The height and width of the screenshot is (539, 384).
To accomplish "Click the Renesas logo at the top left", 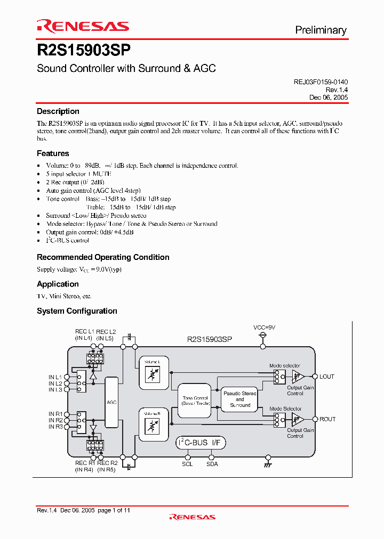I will pyautogui.click(x=83, y=26).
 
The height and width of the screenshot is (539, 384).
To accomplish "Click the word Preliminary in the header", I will pyautogui.click(x=321, y=30).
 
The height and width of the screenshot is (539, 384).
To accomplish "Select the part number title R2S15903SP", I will pyautogui.click(x=84, y=51).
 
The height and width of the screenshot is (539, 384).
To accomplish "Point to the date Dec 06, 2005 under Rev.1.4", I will pyautogui.click(x=329, y=97).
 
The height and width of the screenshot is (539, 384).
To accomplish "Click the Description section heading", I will pyautogui.click(x=58, y=111).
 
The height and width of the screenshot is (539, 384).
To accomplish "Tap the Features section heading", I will pyautogui.click(x=53, y=153).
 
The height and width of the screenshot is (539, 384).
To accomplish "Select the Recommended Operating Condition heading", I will pyautogui.click(x=103, y=257).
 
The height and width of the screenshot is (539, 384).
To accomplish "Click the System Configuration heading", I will pyautogui.click(x=77, y=311).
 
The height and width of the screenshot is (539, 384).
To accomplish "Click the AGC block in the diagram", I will pyautogui.click(x=111, y=403).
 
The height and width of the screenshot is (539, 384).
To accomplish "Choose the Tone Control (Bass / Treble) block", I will pyautogui.click(x=195, y=401).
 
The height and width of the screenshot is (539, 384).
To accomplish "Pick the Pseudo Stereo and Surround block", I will pyautogui.click(x=239, y=399).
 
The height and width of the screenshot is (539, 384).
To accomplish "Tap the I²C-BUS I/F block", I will pyautogui.click(x=201, y=443).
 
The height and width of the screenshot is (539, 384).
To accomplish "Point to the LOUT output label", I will pyautogui.click(x=327, y=377).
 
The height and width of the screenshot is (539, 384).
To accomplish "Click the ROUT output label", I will pyautogui.click(x=327, y=419).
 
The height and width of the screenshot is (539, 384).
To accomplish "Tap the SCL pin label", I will pyautogui.click(x=188, y=464).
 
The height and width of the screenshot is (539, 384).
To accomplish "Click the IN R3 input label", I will pyautogui.click(x=56, y=427).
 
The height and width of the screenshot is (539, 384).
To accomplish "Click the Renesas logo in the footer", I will pyautogui.click(x=192, y=517).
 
